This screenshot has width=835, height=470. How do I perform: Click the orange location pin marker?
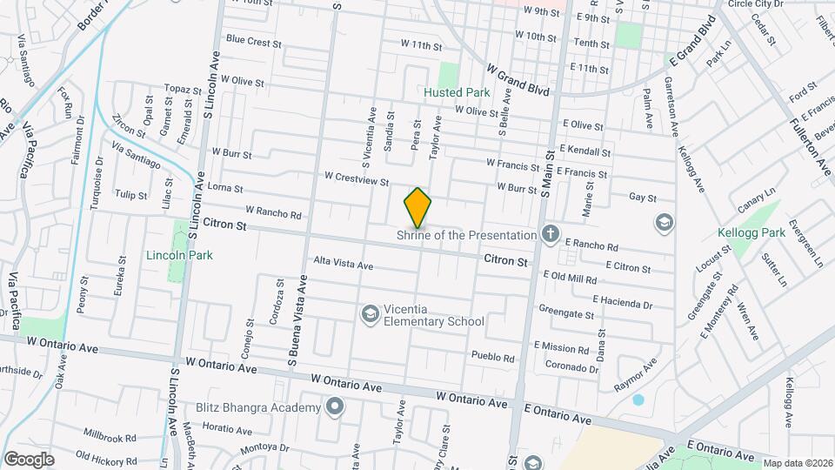point(417,207)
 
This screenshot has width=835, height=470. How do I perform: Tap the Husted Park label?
point(457,92)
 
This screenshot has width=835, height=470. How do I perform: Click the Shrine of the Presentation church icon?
point(550,233)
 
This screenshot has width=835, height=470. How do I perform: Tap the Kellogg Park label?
point(751,233)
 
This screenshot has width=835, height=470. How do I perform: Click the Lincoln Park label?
point(179,255)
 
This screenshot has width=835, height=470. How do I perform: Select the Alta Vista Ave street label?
point(343,264)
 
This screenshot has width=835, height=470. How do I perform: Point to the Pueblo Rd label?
point(492,357)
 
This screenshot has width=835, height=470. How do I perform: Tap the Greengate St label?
point(565,309)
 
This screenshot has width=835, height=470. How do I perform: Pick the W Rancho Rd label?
point(273,211)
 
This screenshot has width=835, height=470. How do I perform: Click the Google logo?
point(29,460)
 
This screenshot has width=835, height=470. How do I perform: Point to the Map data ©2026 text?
point(797,463)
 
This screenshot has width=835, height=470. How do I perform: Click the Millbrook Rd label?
point(110,437)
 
